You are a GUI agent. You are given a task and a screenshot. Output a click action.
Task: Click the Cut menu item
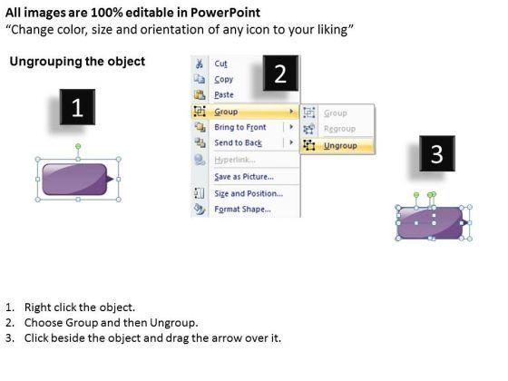click(220, 63)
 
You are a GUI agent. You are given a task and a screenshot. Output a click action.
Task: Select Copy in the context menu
click(223, 80)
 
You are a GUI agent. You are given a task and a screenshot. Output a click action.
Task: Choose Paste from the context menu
click(224, 95)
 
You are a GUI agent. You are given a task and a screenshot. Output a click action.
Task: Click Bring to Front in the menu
click(240, 127)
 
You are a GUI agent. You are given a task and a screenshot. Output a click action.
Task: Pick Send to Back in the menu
click(238, 142)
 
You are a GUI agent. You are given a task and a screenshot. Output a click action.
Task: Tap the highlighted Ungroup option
click(340, 146)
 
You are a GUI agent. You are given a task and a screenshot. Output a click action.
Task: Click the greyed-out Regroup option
click(339, 129)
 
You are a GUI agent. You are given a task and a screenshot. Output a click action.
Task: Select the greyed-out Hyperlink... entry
click(235, 160)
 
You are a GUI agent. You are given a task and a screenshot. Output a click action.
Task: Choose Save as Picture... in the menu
click(244, 177)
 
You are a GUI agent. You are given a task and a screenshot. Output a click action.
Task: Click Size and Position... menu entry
click(249, 193)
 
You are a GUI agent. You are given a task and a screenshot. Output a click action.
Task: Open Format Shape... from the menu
click(242, 209)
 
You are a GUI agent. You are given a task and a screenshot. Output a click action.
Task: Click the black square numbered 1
click(77, 107)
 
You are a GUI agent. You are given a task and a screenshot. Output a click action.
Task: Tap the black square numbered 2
click(280, 73)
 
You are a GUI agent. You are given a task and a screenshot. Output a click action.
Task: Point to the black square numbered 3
click(437, 153)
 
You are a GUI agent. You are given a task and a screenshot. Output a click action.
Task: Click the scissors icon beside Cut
click(200, 63)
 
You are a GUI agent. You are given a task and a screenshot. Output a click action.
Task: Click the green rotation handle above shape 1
click(78, 147)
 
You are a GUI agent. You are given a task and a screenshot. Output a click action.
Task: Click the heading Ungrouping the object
click(77, 62)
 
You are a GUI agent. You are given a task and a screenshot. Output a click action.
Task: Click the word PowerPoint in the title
click(225, 13)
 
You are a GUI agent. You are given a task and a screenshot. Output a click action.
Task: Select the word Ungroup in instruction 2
click(173, 323)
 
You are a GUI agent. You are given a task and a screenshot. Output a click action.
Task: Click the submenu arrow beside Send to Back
click(291, 142)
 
